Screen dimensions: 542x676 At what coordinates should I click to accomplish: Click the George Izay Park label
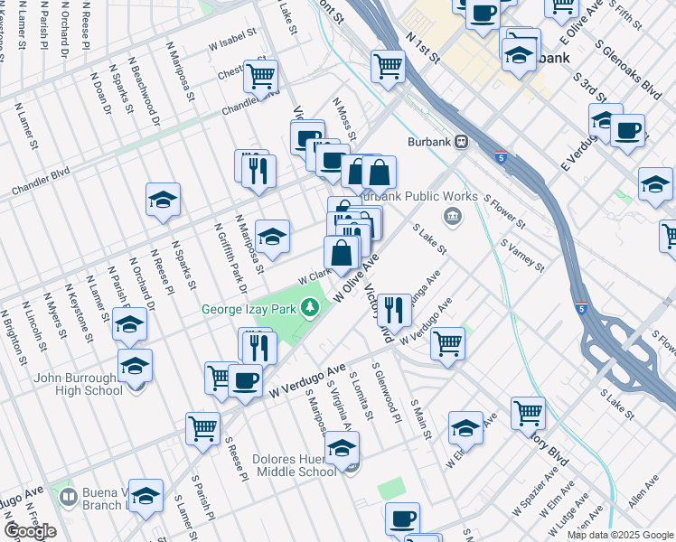[x=254, y=309]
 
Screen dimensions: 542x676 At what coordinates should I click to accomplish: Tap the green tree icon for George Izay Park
[x=312, y=309]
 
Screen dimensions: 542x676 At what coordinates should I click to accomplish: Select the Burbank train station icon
[x=461, y=142]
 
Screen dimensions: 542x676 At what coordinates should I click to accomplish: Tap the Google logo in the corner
[x=31, y=531]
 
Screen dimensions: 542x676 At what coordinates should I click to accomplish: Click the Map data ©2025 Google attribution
[x=619, y=535]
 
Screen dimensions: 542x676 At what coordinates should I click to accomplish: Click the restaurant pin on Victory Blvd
[x=394, y=310]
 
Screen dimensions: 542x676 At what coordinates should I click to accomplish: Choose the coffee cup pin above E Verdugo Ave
[x=627, y=129]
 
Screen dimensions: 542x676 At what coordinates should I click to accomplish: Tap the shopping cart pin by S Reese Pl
[x=202, y=428]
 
